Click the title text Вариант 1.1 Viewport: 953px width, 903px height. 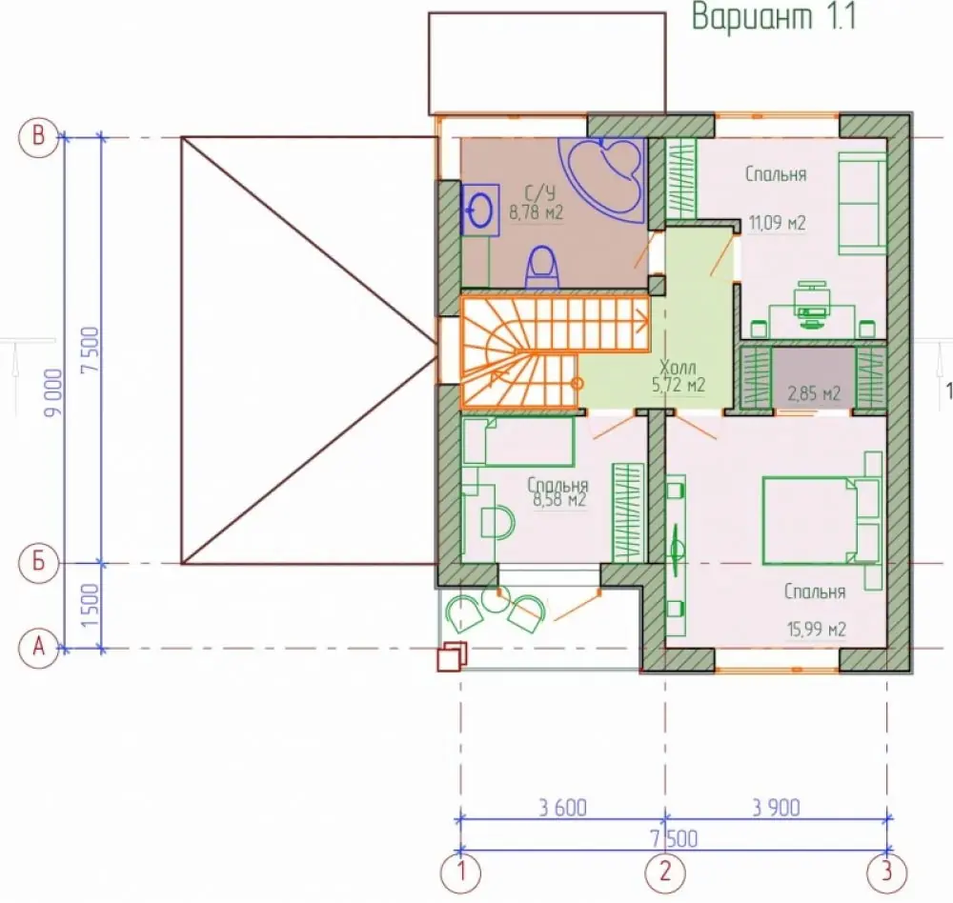pyautogui.click(x=774, y=17)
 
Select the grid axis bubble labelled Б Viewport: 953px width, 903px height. pyautogui.click(x=38, y=563)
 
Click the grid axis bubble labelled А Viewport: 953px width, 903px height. pyautogui.click(x=38, y=649)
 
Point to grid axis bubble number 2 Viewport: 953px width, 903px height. pyautogui.click(x=665, y=873)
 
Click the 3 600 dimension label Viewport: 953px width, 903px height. pyautogui.click(x=563, y=808)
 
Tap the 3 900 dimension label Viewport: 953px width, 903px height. pyautogui.click(x=776, y=808)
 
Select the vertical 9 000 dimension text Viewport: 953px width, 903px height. pyautogui.click(x=53, y=391)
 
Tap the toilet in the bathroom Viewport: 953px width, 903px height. pyautogui.click(x=541, y=267)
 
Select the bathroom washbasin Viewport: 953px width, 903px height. pyautogui.click(x=480, y=211)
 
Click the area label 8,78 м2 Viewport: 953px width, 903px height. pyautogui.click(x=536, y=212)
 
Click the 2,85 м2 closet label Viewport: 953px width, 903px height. pyautogui.click(x=814, y=393)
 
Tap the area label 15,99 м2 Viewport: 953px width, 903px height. pyautogui.click(x=817, y=629)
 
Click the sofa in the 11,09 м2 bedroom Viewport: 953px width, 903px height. pyautogui.click(x=862, y=203)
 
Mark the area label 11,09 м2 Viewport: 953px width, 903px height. pyautogui.click(x=777, y=223)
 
